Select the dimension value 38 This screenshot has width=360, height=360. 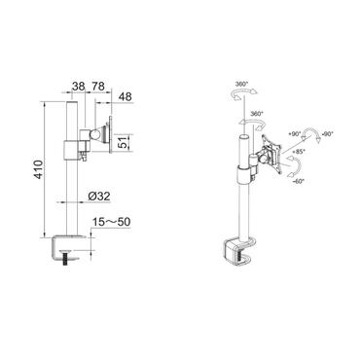[x=77, y=86]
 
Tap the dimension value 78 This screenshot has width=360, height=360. [x=97, y=86]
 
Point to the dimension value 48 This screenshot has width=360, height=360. [x=125, y=97]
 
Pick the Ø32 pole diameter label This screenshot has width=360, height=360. [x=97, y=196]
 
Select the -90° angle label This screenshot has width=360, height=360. [x=328, y=132]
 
